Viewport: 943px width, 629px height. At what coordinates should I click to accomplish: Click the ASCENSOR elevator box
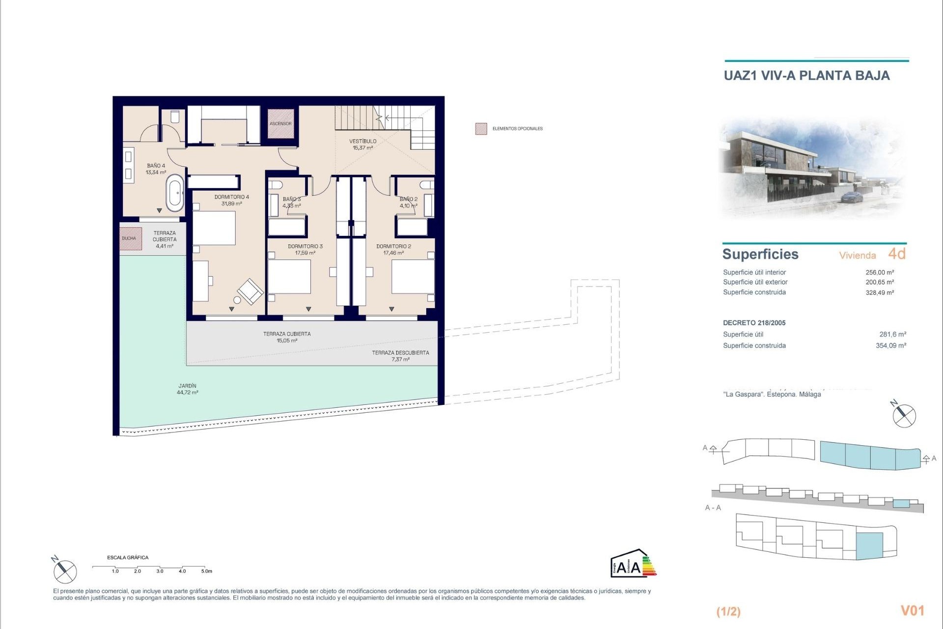point(280,123)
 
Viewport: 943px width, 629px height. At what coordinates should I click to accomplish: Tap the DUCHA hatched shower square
point(130,238)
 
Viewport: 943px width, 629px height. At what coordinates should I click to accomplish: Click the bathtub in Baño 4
point(175,194)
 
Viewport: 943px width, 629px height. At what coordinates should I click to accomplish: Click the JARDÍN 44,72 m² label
point(188,389)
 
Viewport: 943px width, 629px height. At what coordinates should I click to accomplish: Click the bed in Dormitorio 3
point(289,277)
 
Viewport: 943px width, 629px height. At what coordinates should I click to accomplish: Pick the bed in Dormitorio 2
point(413,276)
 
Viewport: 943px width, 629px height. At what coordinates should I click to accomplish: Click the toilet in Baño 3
point(276,184)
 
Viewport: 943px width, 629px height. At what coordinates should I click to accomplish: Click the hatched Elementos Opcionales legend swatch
point(481,129)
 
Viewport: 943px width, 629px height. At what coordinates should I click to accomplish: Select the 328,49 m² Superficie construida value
point(880,292)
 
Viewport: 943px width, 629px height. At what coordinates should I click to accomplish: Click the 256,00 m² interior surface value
point(880,272)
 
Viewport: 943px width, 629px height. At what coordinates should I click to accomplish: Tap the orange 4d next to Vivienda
point(896,254)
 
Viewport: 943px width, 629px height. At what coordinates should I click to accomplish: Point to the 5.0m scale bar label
point(207,571)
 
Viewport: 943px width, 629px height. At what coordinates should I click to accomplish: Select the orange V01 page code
point(912,610)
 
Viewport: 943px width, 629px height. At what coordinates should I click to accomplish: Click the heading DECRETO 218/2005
point(754,323)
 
